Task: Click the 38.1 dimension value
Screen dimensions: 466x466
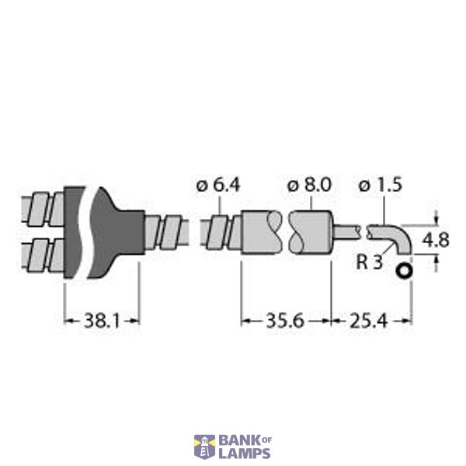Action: pos(102,321)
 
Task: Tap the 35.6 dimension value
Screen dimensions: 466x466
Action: pos(285,321)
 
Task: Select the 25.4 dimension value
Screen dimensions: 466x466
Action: pos(368,321)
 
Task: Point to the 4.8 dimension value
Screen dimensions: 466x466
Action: pos(436,240)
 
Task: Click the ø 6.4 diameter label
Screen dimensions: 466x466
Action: pos(218,186)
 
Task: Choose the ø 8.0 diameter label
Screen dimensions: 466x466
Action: pos(309,186)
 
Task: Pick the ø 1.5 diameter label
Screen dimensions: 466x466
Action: pos(381,186)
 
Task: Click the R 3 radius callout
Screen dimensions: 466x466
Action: pos(369,262)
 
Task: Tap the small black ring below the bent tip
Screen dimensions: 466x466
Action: pos(405,271)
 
